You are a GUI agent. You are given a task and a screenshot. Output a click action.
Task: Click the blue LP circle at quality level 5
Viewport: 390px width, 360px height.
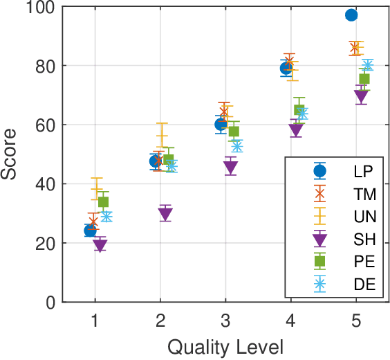351,15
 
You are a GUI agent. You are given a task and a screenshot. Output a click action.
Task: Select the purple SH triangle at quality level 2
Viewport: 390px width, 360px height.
165,214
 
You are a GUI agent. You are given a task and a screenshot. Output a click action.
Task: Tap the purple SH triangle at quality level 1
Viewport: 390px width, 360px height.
100,245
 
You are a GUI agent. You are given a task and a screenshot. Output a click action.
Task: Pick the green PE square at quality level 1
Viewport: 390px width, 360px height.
103,202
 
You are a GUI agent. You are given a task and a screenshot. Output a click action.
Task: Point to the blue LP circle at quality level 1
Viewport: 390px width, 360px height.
90,231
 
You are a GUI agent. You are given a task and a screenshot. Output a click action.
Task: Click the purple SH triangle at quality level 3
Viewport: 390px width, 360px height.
230,168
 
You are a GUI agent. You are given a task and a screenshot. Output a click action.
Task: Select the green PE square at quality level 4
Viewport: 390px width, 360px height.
299,109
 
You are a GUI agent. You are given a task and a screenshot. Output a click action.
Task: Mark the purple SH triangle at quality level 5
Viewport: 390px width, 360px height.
361,97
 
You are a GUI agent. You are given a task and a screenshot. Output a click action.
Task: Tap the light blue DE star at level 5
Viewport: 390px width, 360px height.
368,65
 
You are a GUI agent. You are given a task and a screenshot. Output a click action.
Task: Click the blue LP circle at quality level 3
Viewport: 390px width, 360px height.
221,125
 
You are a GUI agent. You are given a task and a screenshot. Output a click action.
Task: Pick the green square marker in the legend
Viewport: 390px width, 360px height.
319,261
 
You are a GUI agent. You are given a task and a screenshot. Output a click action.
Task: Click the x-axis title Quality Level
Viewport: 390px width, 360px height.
225,346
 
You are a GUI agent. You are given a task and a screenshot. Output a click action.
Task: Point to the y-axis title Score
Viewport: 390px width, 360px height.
10,155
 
